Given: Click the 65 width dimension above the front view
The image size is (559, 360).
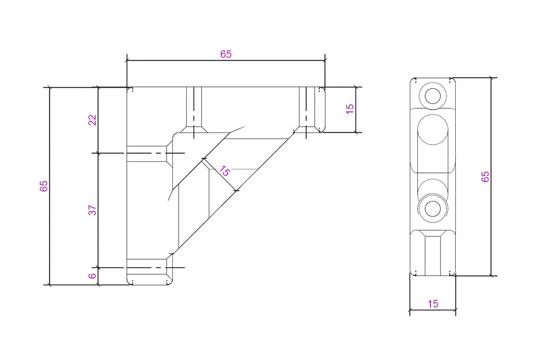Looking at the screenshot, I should point(226,54).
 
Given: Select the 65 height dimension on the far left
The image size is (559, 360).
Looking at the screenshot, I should point(44,186).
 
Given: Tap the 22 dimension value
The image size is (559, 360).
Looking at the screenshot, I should point(92,120).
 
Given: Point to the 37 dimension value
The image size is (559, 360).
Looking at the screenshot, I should point(92,210).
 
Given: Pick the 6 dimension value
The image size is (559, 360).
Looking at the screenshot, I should point(92,276).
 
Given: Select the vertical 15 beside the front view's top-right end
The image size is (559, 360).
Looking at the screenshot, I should point(350,109).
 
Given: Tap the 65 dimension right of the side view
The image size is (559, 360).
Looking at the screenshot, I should point(485,176).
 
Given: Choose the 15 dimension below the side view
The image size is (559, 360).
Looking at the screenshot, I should point(433,304).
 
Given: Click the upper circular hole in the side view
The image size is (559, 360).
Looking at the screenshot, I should point(432,95).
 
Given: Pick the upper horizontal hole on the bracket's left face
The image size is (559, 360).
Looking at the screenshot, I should point(147,153).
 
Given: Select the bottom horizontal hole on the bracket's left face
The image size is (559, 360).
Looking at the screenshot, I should point(147,268).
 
